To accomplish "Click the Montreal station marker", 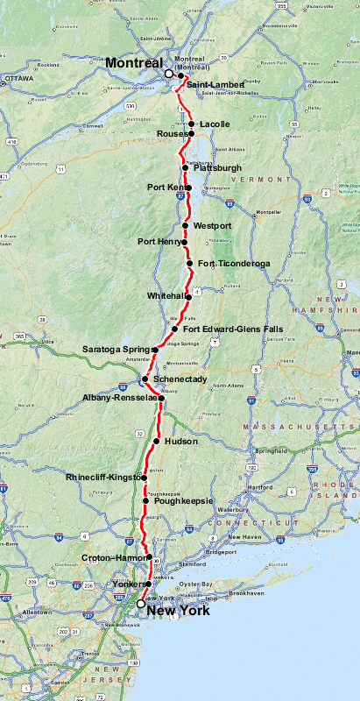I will pyautogui.click(x=169, y=74).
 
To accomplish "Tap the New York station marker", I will pyautogui.click(x=140, y=603).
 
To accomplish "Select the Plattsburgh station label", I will pyautogui.click(x=216, y=167).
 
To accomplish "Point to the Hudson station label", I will pyautogui.click(x=180, y=441).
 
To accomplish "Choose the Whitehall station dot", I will pyautogui.click(x=188, y=297).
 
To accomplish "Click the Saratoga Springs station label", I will pyautogui.click(x=117, y=350).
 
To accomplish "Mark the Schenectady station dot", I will pyautogui.click(x=145, y=379).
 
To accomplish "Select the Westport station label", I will pyautogui.click(x=212, y=225).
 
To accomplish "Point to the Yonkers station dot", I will pyautogui.click(x=148, y=584).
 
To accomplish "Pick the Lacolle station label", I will pyautogui.click(x=215, y=124).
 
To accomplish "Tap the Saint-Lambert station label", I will pyautogui.click(x=215, y=84).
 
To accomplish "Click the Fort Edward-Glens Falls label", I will pyautogui.click(x=226, y=329).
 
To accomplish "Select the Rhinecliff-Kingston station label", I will pyautogui.click(x=103, y=478).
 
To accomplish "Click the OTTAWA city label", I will pyautogui.click(x=18, y=78).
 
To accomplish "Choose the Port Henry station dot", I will pyautogui.click(x=185, y=241).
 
